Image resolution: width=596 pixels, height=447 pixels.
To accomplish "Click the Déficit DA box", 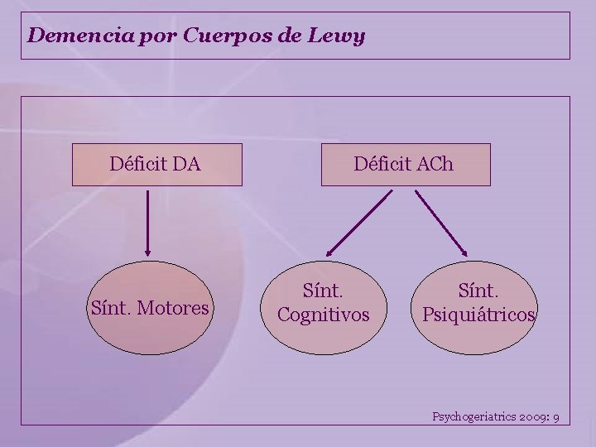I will coord(156,164).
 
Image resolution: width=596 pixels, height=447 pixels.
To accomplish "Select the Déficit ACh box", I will coord(405,164).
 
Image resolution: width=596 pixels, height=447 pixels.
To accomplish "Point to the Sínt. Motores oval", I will coord(149,308).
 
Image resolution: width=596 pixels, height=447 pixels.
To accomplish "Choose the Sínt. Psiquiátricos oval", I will coord(478,303).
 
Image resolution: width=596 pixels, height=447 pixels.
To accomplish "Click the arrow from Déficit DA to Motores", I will coord(148,222).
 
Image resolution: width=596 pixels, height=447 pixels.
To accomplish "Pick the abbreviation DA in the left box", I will coord(187,164).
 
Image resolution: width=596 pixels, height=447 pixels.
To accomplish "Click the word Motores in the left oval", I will coord(174,309).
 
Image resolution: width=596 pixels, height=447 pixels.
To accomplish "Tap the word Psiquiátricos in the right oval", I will coord(478,315).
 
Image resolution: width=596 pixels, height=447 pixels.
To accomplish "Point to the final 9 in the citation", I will coord(556,416).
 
